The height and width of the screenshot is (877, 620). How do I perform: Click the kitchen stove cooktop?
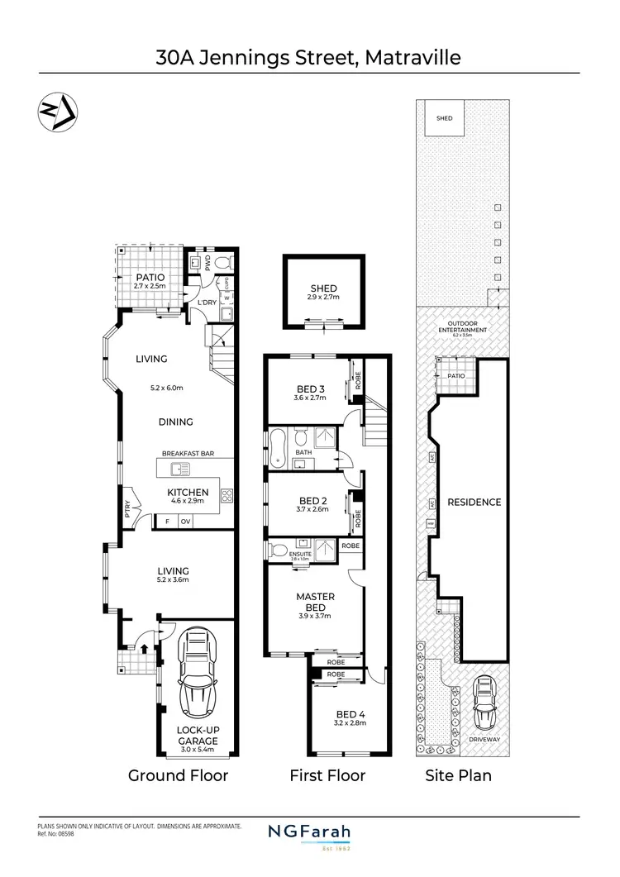coord(227,495)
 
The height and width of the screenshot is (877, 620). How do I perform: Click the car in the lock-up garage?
coord(197,674)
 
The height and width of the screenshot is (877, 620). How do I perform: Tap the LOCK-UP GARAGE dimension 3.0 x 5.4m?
coord(198,751)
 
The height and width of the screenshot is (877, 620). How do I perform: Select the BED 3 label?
coord(311,389)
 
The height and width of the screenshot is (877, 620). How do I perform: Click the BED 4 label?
coord(351,714)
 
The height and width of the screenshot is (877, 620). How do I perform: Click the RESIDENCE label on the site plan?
coord(475,502)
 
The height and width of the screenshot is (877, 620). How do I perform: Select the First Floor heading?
coord(327,775)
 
